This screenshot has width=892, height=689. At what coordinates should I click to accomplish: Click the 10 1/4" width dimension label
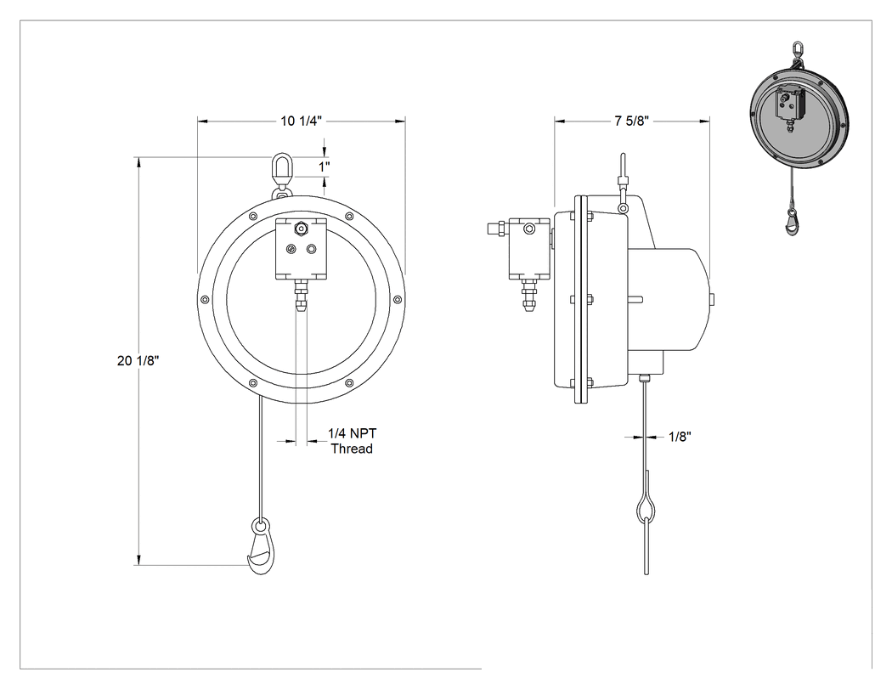coord(301,121)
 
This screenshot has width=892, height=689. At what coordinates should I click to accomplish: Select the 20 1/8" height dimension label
coord(138,360)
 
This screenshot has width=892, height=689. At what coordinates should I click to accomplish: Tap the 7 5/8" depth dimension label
coord(631,121)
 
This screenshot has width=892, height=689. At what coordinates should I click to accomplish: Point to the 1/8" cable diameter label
coord(680,437)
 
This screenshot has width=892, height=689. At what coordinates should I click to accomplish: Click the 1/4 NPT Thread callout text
coord(353,441)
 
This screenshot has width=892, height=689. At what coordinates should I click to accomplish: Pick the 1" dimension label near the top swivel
coord(325,167)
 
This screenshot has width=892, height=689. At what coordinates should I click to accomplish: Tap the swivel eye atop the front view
coord(281,170)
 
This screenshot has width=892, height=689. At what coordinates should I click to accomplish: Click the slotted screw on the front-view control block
coord(291,249)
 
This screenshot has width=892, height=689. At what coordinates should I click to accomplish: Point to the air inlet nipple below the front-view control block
coord(301,296)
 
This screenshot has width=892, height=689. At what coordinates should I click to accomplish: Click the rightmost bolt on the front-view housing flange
coord(398,299)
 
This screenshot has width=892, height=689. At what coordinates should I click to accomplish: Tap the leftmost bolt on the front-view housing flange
coord(204,299)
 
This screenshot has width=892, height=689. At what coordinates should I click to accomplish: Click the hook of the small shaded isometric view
coord(792,222)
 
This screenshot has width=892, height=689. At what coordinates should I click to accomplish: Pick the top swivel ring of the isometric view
coord(797,48)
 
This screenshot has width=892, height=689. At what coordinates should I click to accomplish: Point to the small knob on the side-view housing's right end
coord(713,299)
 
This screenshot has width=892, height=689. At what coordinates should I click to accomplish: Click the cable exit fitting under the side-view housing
coord(644,378)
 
